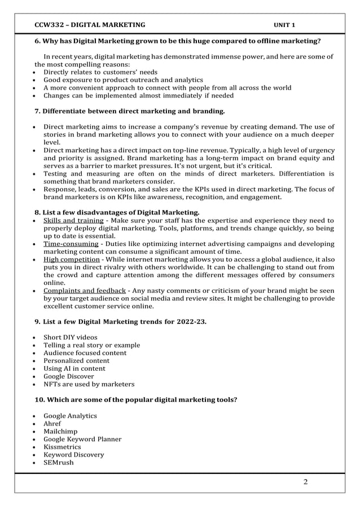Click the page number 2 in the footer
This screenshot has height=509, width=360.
tap(305, 482)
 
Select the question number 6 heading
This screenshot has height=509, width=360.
tap(178, 41)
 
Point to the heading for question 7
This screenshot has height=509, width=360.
tap(125, 111)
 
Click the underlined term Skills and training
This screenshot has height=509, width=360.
tap(73, 220)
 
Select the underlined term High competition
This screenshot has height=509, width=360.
tap(72, 260)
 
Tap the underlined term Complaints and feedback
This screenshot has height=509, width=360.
tap(85, 291)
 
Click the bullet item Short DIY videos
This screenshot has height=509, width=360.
tap(70, 337)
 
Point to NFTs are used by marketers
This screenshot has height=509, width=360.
tap(89, 384)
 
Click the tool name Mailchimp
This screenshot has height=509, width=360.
tap(62, 431)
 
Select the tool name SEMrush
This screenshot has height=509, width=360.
tap(59, 463)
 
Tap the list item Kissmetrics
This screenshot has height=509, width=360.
tap(62, 447)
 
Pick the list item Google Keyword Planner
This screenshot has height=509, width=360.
tap(82, 439)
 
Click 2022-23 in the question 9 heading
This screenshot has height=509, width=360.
tap(189, 322)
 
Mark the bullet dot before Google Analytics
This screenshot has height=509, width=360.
tap(36, 416)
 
